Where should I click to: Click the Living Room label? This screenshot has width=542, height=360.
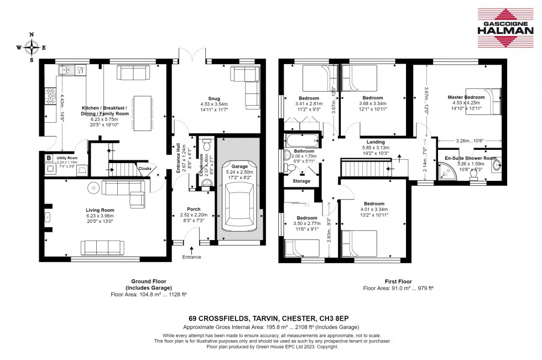tap(100, 210)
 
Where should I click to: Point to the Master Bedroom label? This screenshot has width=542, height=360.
tap(466, 97)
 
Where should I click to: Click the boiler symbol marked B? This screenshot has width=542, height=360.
tap(49, 158)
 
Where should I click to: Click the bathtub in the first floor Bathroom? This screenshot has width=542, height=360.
tap(302, 138)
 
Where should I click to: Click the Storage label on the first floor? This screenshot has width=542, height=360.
tap(301, 181)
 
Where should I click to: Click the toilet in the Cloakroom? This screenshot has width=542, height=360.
tap(207, 145)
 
